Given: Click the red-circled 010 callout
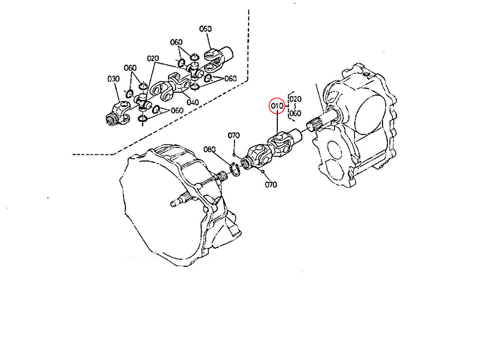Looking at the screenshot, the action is (x=277, y=106).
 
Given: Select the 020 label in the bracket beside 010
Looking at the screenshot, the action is (x=295, y=99).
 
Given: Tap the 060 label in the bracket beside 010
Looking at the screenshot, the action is (x=295, y=113).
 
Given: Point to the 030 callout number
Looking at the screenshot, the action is (x=114, y=79).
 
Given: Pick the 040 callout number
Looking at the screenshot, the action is (x=193, y=102).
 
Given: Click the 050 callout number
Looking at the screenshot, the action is (x=205, y=29).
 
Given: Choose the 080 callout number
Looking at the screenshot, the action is (x=210, y=150).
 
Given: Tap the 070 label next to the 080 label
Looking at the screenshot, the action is (x=234, y=136).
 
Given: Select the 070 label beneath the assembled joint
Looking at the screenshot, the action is (x=271, y=185).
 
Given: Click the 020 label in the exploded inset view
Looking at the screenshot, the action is (x=153, y=58).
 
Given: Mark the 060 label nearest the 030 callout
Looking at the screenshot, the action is (x=130, y=68).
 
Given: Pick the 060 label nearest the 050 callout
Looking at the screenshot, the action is (x=176, y=42).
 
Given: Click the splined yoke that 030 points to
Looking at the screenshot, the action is (x=118, y=114).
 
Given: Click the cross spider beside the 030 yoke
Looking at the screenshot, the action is (x=142, y=102).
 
